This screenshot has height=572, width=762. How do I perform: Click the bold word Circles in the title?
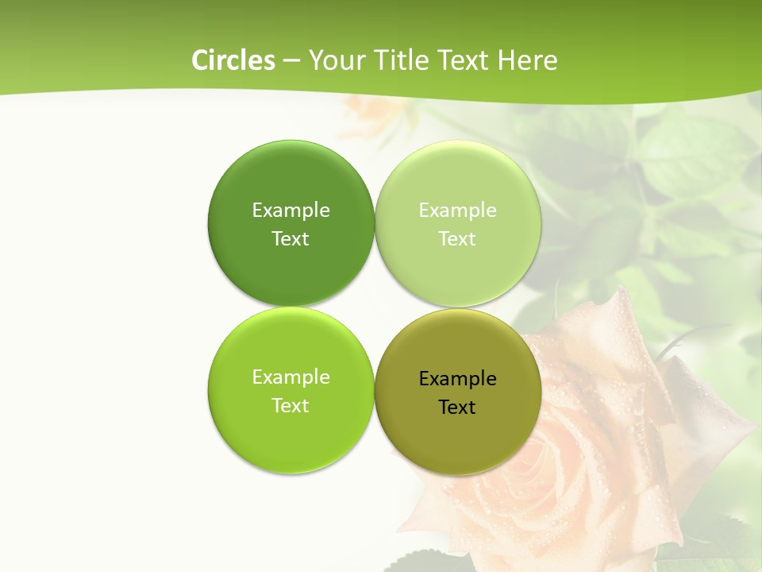click(x=233, y=60)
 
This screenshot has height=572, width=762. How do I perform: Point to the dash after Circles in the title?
click(x=291, y=61)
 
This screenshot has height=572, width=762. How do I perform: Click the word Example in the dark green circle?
click(x=291, y=210)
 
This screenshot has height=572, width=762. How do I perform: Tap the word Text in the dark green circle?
click(x=291, y=238)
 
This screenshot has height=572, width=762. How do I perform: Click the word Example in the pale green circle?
click(x=457, y=210)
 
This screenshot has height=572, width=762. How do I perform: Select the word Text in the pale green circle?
click(x=457, y=238)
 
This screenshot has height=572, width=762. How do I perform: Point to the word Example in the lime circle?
click(x=291, y=377)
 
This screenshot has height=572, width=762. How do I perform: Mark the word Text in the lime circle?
click(x=291, y=405)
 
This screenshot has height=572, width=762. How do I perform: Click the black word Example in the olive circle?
click(x=457, y=378)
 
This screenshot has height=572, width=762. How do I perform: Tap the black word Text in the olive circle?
click(x=457, y=407)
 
